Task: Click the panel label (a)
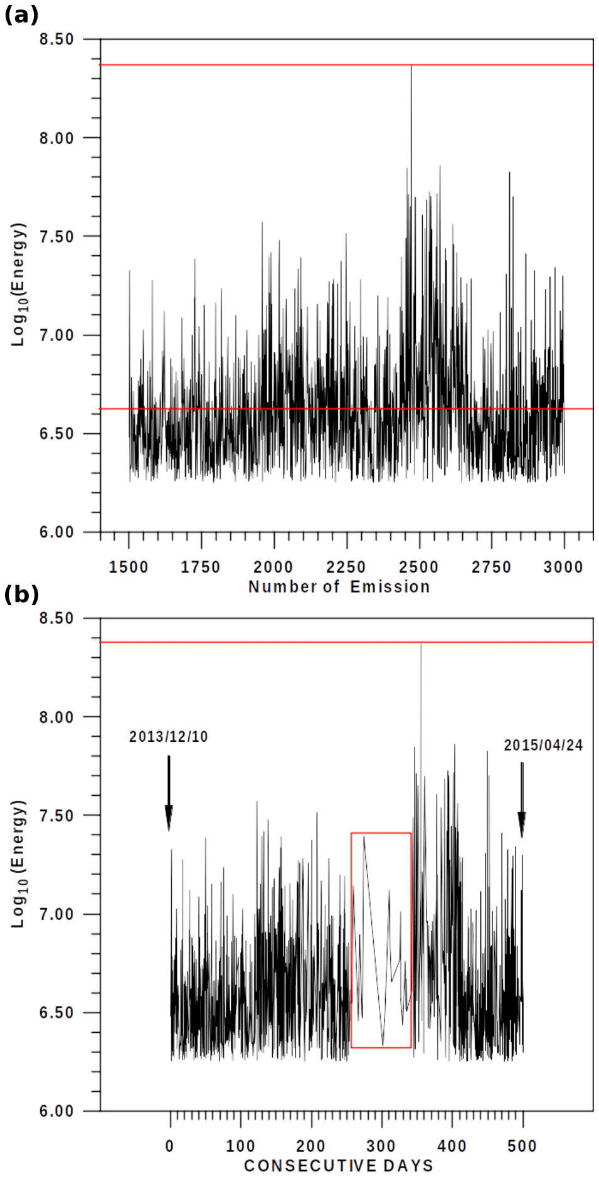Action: [21, 15]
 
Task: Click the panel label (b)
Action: [21, 594]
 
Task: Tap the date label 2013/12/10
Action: [168, 737]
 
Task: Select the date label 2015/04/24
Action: [543, 746]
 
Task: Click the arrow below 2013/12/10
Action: [169, 793]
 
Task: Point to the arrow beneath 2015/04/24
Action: [522, 800]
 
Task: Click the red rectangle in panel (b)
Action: [381, 833]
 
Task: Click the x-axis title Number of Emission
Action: [339, 587]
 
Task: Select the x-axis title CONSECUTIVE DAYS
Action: [339, 1166]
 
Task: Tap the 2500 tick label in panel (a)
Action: [418, 567]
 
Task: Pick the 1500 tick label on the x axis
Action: [129, 567]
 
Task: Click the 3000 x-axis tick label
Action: [563, 567]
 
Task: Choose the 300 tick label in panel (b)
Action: [381, 1146]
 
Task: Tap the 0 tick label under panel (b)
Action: [170, 1146]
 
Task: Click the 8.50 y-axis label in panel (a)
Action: [56, 40]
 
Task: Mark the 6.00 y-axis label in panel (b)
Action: [56, 1111]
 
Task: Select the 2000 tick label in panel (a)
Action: [273, 567]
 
